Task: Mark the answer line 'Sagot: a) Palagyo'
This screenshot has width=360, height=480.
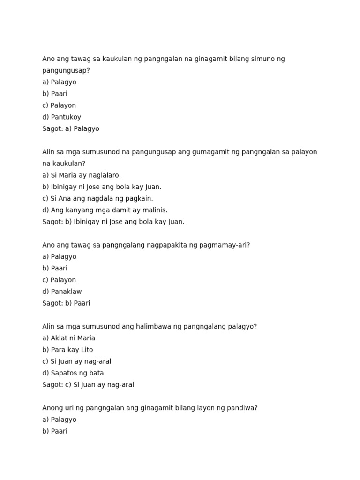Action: [x=71, y=129]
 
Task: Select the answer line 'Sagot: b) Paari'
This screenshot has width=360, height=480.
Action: [x=66, y=303]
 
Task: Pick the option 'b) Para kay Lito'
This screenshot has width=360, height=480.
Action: [x=67, y=350]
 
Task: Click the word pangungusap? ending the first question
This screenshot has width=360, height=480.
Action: [x=66, y=71]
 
